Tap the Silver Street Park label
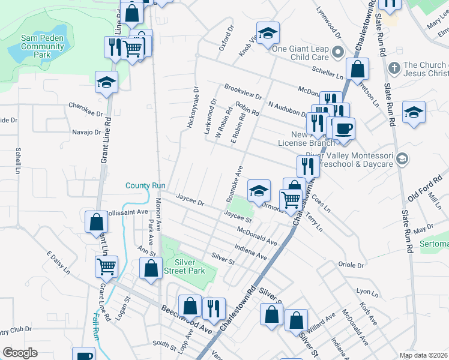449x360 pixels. point(189,266)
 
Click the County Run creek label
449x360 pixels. point(145,185)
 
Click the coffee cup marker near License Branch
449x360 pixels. point(343,129)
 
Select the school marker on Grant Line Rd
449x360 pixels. point(107,83)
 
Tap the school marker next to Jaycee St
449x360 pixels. point(259,191)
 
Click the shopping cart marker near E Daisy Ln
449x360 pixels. point(106,266)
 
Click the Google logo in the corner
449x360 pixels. point(20,353)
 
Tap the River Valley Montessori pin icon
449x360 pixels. point(402,159)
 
